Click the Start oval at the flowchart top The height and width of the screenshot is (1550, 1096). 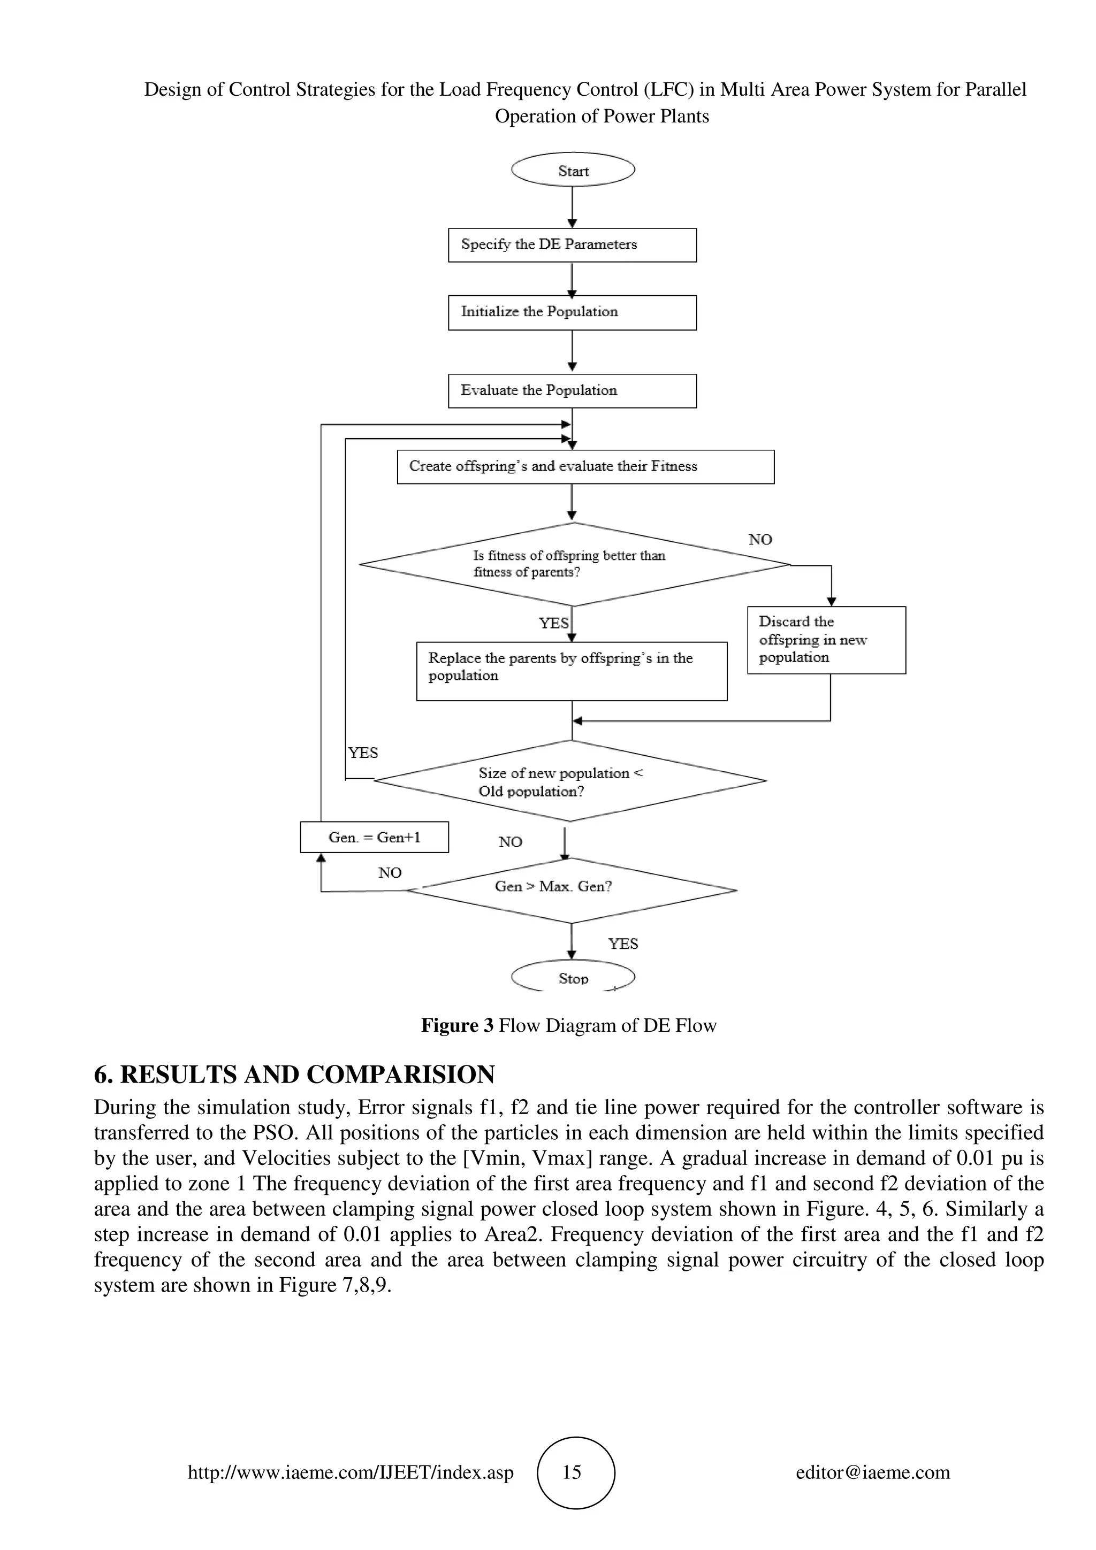pyautogui.click(x=573, y=170)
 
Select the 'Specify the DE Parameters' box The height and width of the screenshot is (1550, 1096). pyautogui.click(x=572, y=245)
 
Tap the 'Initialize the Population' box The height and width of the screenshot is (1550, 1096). pyautogui.click(x=572, y=312)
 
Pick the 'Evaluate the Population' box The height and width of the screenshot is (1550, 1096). pyautogui.click(x=572, y=391)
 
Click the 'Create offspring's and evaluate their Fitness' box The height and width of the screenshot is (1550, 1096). pyautogui.click(x=585, y=466)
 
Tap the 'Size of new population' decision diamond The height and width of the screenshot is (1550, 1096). pyautogui.click(x=570, y=781)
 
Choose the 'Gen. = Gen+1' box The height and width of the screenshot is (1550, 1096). pyautogui.click(x=374, y=837)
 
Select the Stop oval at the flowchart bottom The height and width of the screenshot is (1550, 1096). pyautogui.click(x=573, y=978)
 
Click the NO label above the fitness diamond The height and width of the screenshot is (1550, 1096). pyautogui.click(x=760, y=539)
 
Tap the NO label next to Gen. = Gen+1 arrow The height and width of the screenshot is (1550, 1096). pyautogui.click(x=390, y=873)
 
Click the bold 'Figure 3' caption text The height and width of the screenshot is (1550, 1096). pyautogui.click(x=457, y=1025)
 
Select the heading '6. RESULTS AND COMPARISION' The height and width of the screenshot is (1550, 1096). pyautogui.click(x=294, y=1074)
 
